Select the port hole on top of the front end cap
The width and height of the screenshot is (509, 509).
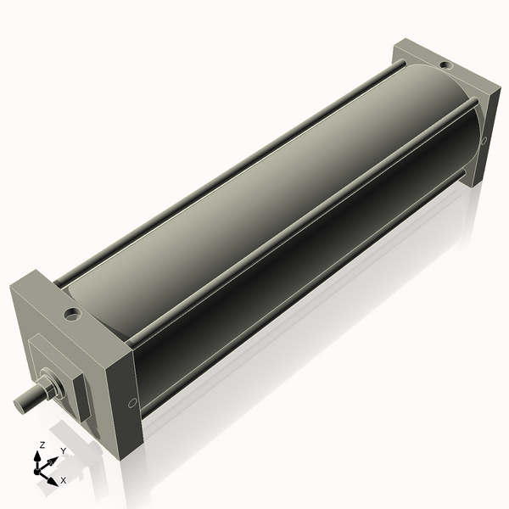tap(73, 314)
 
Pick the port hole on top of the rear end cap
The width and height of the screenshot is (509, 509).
tap(444, 64)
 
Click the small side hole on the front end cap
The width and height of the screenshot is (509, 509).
tap(131, 404)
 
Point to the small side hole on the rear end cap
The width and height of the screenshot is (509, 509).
tap(484, 140)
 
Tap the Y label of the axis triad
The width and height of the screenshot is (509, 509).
tap(63, 451)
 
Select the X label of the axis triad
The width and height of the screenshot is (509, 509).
tap(63, 480)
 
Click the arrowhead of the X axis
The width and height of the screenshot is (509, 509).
tap(54, 476)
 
